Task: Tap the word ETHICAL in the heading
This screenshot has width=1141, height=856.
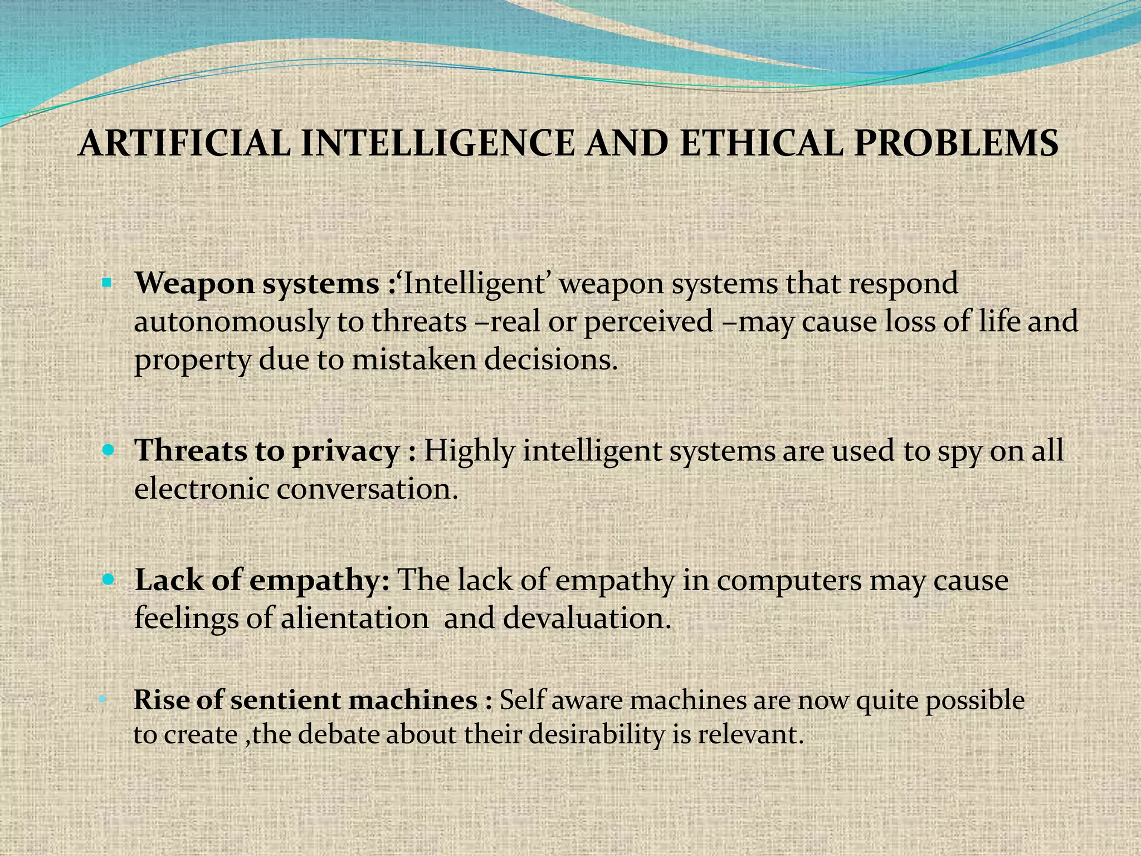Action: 761,144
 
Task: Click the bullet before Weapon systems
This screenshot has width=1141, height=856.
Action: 107,283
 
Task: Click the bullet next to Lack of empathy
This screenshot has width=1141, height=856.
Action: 108,580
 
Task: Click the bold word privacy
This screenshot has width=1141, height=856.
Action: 346,451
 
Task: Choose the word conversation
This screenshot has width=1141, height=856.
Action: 367,489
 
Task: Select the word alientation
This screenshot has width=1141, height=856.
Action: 354,618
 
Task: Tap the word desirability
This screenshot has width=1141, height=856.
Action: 597,735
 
